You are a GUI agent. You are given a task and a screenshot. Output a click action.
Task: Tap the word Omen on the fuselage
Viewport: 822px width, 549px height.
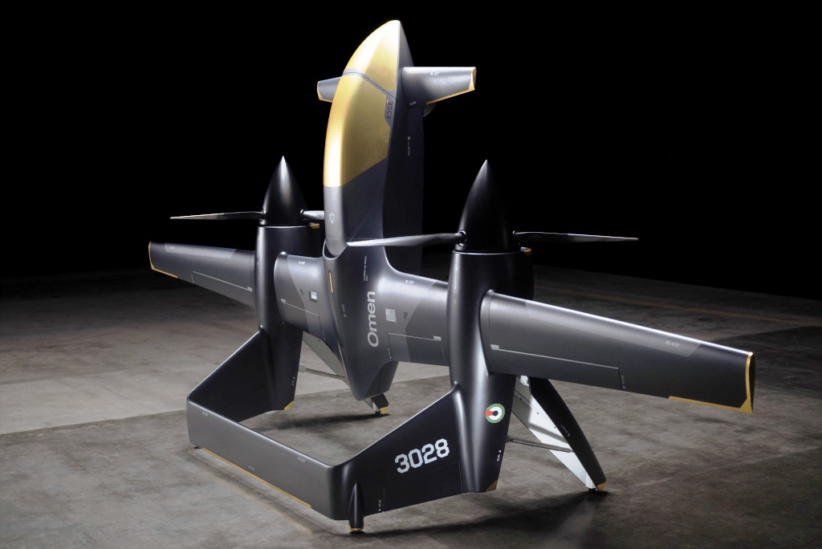pos(372,319)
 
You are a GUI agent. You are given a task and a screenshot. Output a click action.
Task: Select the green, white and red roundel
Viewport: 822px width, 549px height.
pos(495,413)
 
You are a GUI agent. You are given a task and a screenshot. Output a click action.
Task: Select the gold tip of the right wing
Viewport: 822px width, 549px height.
pos(749,383)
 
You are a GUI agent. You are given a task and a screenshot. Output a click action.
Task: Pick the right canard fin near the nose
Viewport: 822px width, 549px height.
pos(439,81)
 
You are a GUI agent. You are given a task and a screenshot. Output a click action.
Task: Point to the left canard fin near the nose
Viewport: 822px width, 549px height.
pos(328,88)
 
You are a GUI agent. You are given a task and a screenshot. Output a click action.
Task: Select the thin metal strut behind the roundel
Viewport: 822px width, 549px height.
pos(530,442)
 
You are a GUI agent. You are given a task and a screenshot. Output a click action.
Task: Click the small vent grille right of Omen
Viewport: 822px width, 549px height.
pos(391,315)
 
